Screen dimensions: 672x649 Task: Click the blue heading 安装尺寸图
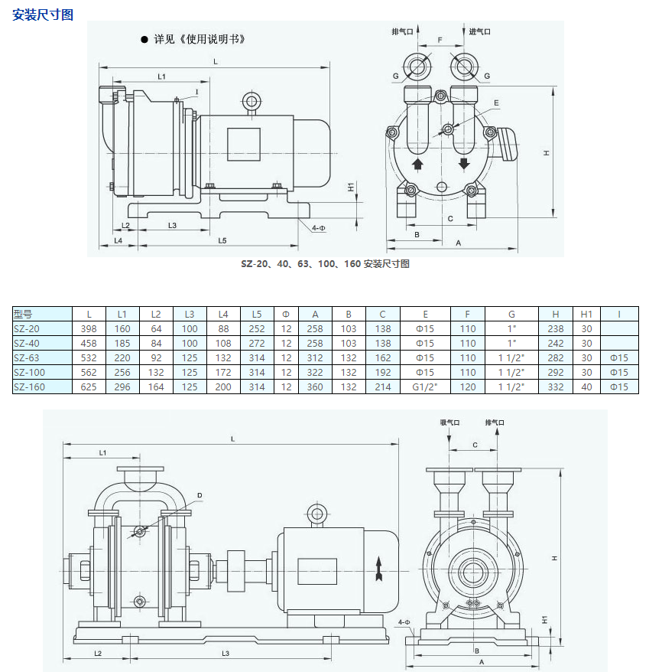43,15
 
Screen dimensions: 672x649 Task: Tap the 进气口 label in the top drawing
479,31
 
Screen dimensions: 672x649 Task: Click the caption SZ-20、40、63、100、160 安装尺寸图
326,264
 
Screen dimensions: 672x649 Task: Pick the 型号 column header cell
24,314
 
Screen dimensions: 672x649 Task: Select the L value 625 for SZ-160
89,387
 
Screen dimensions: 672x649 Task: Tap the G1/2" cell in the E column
425,387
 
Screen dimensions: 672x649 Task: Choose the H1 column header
586,314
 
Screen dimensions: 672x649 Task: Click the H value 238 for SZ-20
556,328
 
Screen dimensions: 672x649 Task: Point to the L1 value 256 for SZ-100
122,372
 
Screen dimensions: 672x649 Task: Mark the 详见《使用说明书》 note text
199,39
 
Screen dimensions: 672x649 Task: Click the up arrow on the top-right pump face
417,165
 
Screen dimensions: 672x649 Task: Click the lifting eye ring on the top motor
251,102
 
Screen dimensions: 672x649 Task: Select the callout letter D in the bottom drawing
200,496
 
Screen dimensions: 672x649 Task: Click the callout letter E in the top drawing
496,103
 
